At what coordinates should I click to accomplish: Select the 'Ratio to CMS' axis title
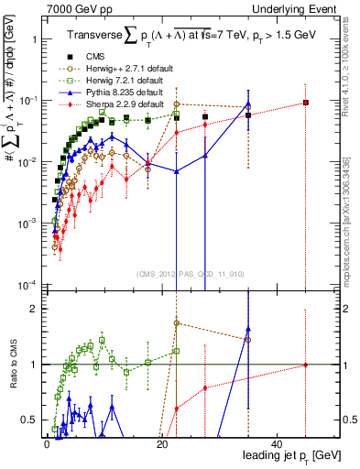coord(12,364)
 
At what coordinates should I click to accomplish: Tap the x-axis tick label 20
coord(161,444)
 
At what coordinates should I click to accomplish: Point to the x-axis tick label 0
coord(47,444)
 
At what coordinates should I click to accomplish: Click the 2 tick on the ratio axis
coord(348,309)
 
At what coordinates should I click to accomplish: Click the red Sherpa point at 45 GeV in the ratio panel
coord(306,365)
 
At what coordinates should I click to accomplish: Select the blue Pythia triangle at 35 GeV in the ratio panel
coord(248,329)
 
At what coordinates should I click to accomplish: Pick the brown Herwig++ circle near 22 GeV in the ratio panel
coord(176,323)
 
